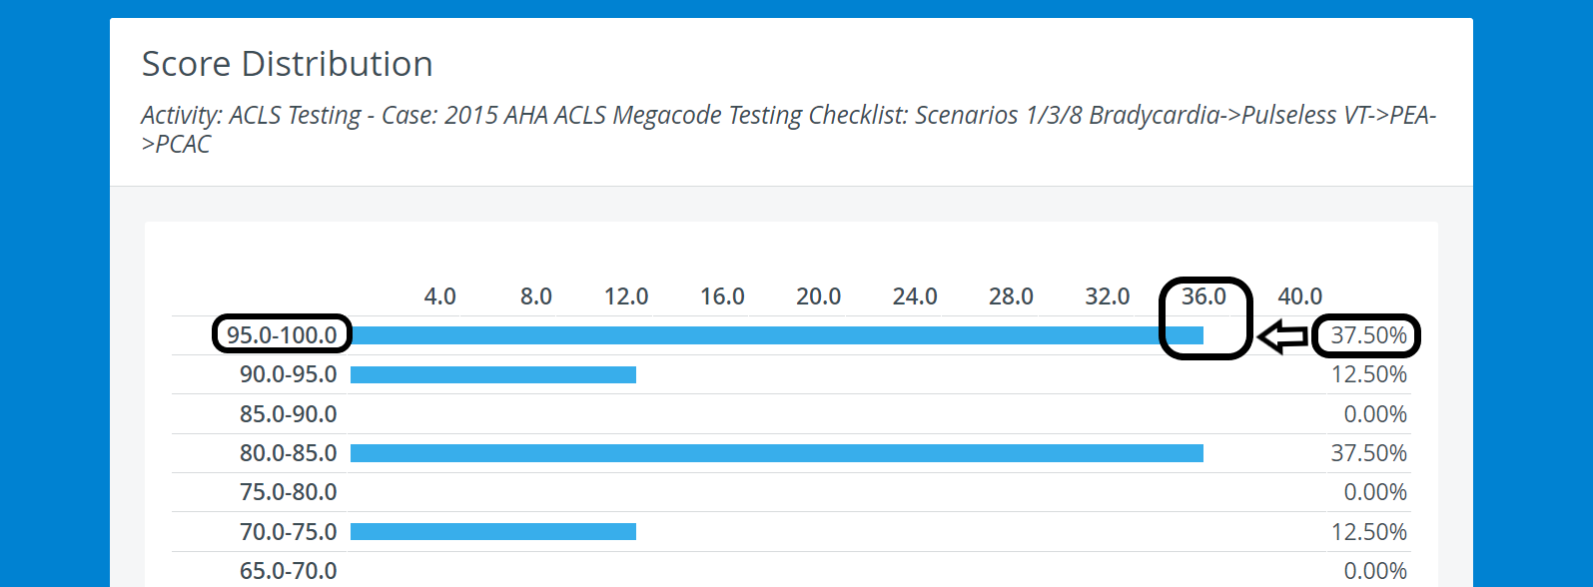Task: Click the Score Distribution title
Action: click(x=288, y=64)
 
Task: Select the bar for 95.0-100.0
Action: click(x=777, y=335)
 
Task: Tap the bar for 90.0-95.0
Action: click(x=492, y=374)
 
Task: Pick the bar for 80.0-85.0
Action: click(x=777, y=452)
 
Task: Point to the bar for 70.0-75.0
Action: click(x=492, y=531)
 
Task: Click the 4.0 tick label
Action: click(x=439, y=296)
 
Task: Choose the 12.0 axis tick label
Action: click(x=626, y=296)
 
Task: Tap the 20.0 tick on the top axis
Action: click(x=819, y=296)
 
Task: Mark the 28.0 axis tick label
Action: click(x=1011, y=296)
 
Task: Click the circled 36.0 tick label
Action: click(x=1203, y=296)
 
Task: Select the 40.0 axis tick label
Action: click(x=1300, y=296)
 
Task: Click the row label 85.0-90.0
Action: click(x=288, y=414)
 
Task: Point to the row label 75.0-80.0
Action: click(x=288, y=492)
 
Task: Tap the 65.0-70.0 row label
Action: click(x=288, y=571)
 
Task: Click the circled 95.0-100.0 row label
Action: click(x=282, y=335)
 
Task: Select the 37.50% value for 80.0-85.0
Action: click(x=1369, y=453)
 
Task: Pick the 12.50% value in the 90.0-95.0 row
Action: click(x=1369, y=374)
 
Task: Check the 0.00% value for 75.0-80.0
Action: click(x=1375, y=492)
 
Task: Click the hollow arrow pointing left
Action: click(x=1283, y=336)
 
